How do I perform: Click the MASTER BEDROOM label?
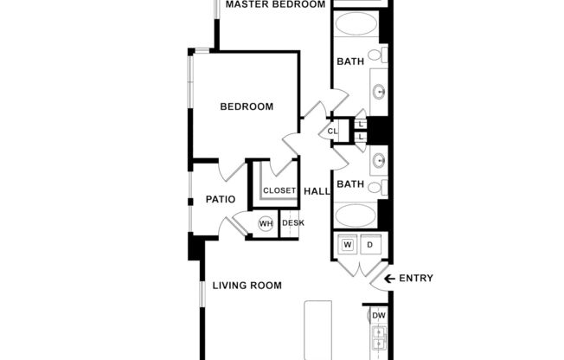pyautogui.click(x=275, y=4)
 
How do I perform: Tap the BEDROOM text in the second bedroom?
pyautogui.click(x=247, y=107)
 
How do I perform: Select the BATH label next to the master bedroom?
pyautogui.click(x=350, y=61)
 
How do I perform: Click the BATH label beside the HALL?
pyautogui.click(x=350, y=184)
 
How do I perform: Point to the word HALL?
pyautogui.click(x=317, y=190)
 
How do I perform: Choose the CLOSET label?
pyautogui.click(x=279, y=190)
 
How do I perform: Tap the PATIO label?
pyautogui.click(x=221, y=200)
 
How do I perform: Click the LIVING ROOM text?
pyautogui.click(x=247, y=286)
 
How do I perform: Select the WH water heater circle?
pyautogui.click(x=266, y=223)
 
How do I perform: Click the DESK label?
pyautogui.click(x=293, y=223)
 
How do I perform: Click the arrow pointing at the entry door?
pyautogui.click(x=389, y=279)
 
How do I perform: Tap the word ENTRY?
pyautogui.click(x=416, y=279)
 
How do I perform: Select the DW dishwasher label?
pyautogui.click(x=379, y=316)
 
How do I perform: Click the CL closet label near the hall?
pyautogui.click(x=332, y=132)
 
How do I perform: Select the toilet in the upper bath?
pyautogui.click(x=377, y=55)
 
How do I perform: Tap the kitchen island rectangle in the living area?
pyautogui.click(x=318, y=330)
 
